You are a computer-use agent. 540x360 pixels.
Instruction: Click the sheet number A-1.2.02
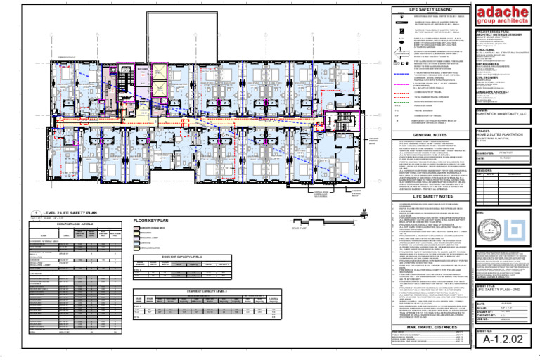(x=505, y=340)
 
